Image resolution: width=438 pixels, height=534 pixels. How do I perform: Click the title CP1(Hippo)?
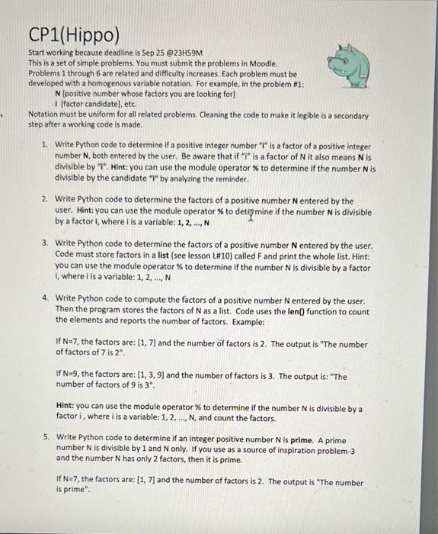[x=74, y=34]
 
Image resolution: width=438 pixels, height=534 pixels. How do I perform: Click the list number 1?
[x=45, y=144]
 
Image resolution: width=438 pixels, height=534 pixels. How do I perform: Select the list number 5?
[x=45, y=437]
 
